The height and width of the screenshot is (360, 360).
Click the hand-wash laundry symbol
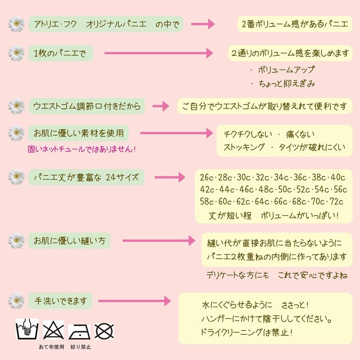[27, 329]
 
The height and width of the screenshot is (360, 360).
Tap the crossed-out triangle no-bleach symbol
[53, 330]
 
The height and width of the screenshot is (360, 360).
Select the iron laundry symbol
[79, 332]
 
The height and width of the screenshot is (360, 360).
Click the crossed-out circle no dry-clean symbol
[104, 331]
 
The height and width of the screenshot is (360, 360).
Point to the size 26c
[207, 177]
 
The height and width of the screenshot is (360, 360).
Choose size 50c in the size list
[285, 189]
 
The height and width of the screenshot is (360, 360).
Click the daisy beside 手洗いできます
[16, 301]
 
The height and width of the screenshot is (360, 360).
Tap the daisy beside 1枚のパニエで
[16, 53]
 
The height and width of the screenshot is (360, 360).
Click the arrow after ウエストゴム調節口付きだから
[161, 106]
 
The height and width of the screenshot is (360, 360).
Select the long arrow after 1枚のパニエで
[158, 53]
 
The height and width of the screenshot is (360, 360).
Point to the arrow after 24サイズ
[170, 177]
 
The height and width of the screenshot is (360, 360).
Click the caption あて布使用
[51, 346]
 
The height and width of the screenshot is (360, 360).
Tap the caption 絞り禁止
[81, 346]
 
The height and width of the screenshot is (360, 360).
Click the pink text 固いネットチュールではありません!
[82, 149]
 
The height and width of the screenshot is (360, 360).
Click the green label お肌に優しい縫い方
[69, 241]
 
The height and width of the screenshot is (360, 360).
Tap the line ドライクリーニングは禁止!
[246, 332]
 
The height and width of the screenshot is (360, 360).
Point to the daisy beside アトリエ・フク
[16, 24]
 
